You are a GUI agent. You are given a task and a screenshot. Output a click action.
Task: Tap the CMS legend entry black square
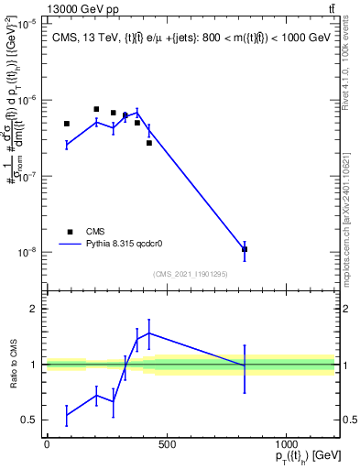point(67,232)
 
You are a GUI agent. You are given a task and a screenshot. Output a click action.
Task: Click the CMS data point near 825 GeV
point(245,249)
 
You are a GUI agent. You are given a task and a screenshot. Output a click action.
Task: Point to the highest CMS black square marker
point(96,109)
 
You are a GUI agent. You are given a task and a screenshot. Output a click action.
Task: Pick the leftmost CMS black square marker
point(67,124)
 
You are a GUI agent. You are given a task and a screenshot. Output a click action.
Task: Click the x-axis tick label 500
point(167,444)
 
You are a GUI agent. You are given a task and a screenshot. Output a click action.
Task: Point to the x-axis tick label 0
point(47,444)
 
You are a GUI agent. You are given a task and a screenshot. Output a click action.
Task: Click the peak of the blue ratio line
point(149,333)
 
